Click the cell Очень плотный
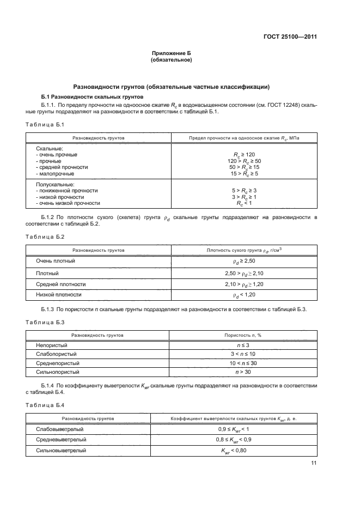[56, 262]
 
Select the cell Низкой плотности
[59, 294]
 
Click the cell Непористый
[52, 345]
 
